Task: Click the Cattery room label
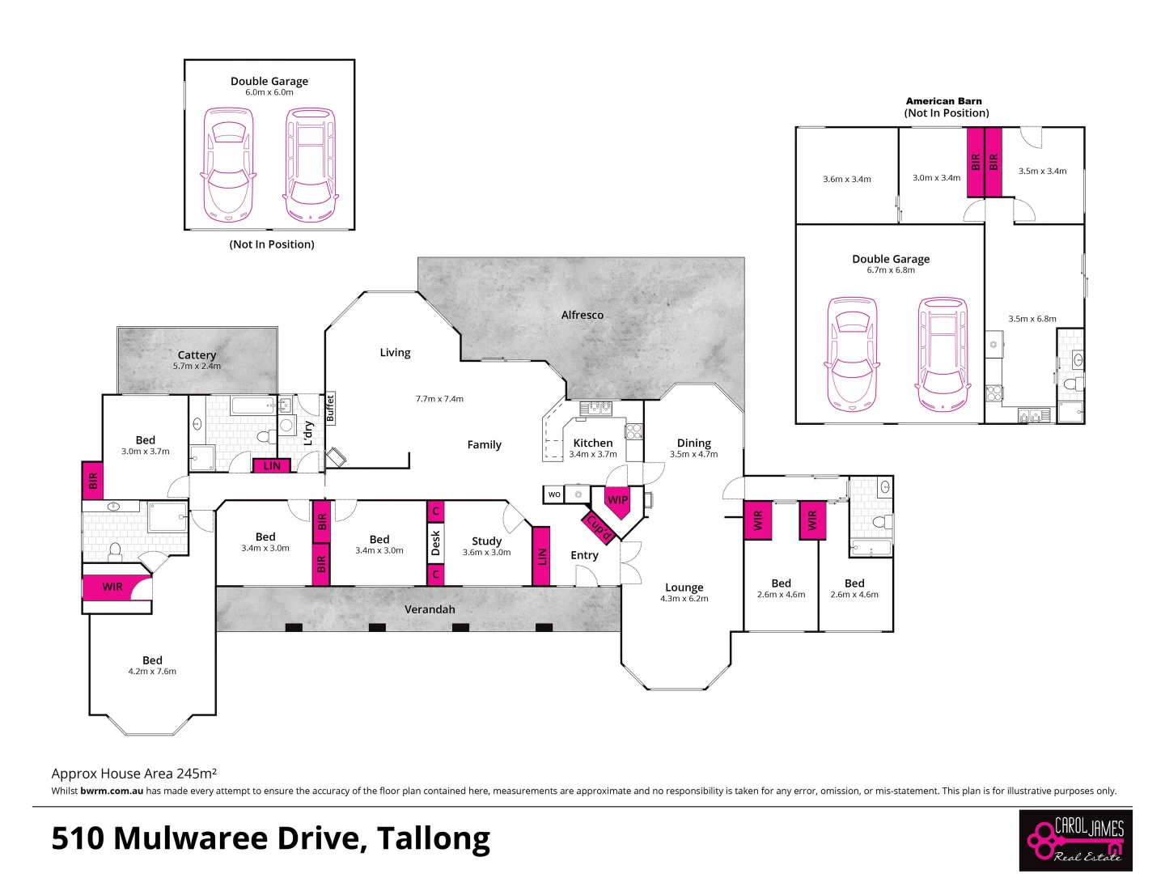[x=197, y=354]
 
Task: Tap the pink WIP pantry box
[x=617, y=500]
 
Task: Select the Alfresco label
[x=582, y=315]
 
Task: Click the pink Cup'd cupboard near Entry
[x=599, y=527]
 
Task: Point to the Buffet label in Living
[x=330, y=409]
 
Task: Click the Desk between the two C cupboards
[x=435, y=543]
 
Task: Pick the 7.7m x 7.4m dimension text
[x=439, y=399]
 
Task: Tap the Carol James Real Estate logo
[x=1075, y=840]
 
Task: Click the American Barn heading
[x=943, y=101]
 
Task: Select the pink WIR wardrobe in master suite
[x=112, y=587]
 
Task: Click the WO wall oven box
[x=554, y=494]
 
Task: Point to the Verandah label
[x=430, y=609]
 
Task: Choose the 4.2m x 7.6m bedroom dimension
[x=152, y=672]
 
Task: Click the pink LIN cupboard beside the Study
[x=541, y=556]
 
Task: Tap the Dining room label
[x=693, y=443]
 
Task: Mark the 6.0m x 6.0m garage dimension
[x=269, y=92]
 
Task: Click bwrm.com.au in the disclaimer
[x=112, y=791]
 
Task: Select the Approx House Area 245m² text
[x=133, y=774]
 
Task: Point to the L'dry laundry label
[x=308, y=433]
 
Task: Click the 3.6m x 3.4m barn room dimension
[x=846, y=180]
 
